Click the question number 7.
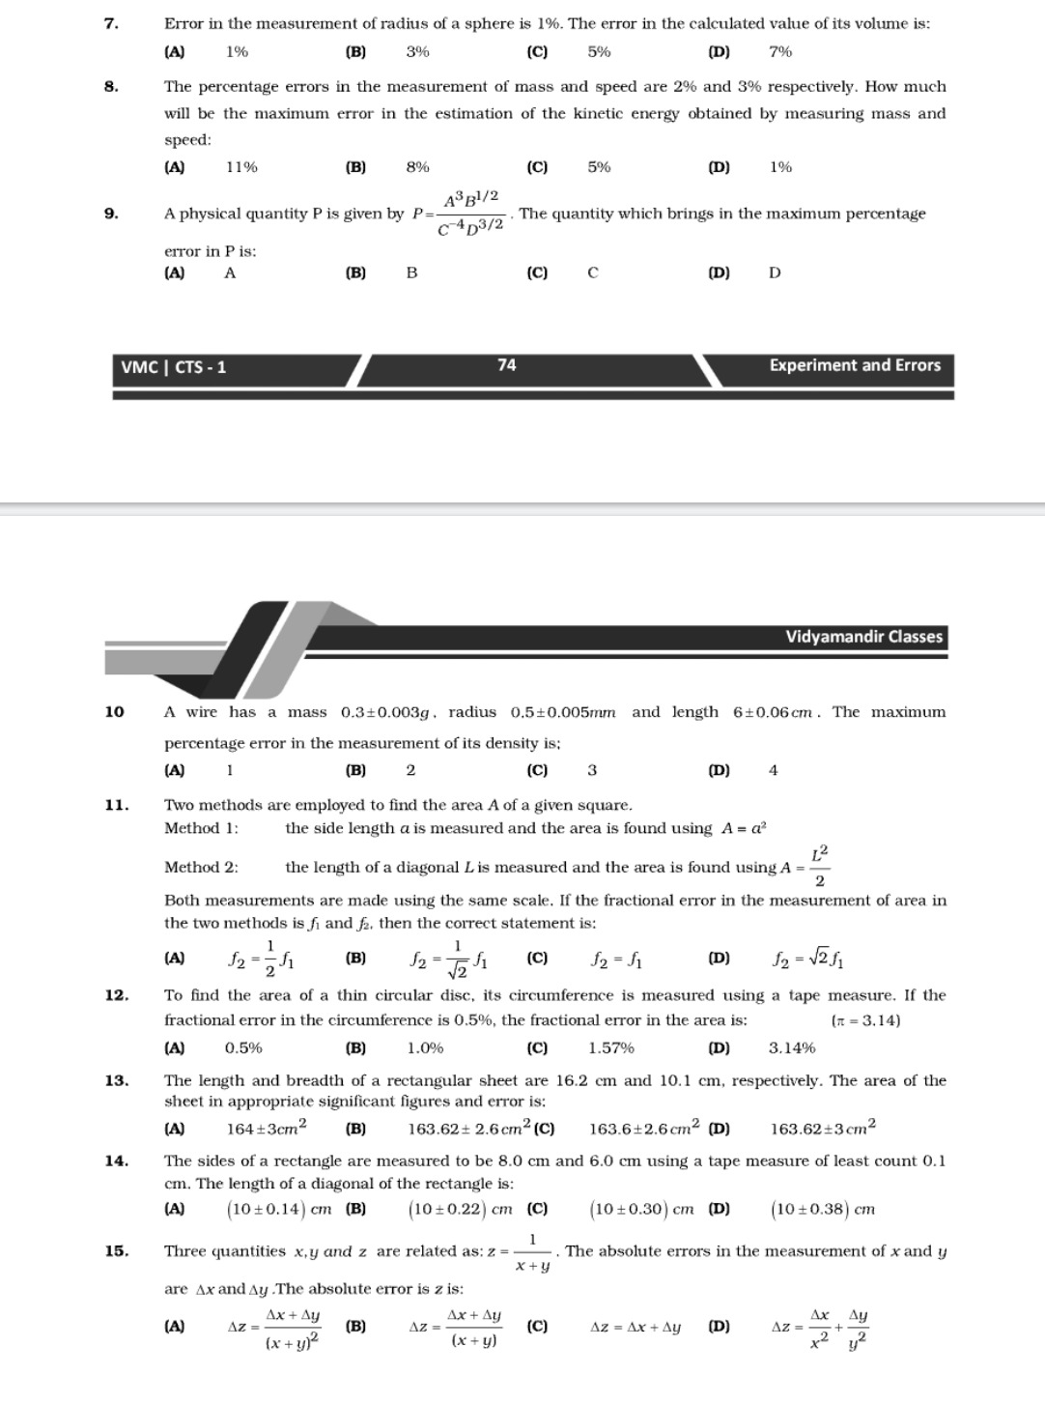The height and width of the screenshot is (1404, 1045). pos(111,23)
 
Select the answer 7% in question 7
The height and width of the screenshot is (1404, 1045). pos(780,52)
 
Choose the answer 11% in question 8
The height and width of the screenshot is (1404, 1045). pos(241,167)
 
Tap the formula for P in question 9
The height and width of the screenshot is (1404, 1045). pos(459,214)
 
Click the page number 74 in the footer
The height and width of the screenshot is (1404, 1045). pos(507,365)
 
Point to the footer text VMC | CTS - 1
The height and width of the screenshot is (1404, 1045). pos(174,367)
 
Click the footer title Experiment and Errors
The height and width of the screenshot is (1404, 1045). pos(855,365)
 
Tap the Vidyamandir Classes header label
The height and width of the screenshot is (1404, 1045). pos(863,637)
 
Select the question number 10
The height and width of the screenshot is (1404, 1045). pos(114,712)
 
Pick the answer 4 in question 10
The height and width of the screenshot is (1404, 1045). pos(773,770)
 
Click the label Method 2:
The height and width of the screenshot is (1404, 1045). pos(201,868)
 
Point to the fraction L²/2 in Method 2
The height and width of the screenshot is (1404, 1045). pos(819,867)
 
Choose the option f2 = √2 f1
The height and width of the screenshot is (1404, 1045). pos(809,960)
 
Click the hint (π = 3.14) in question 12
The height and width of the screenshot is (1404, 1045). pos(865,1020)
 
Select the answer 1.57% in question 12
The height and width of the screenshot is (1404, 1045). pos(611,1048)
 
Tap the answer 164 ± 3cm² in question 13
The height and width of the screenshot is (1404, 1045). pos(267,1128)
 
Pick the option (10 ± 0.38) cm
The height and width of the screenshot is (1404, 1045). pos(823,1209)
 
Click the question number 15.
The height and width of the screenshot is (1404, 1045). pos(116,1251)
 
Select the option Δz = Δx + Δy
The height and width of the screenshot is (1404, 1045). pos(635,1328)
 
